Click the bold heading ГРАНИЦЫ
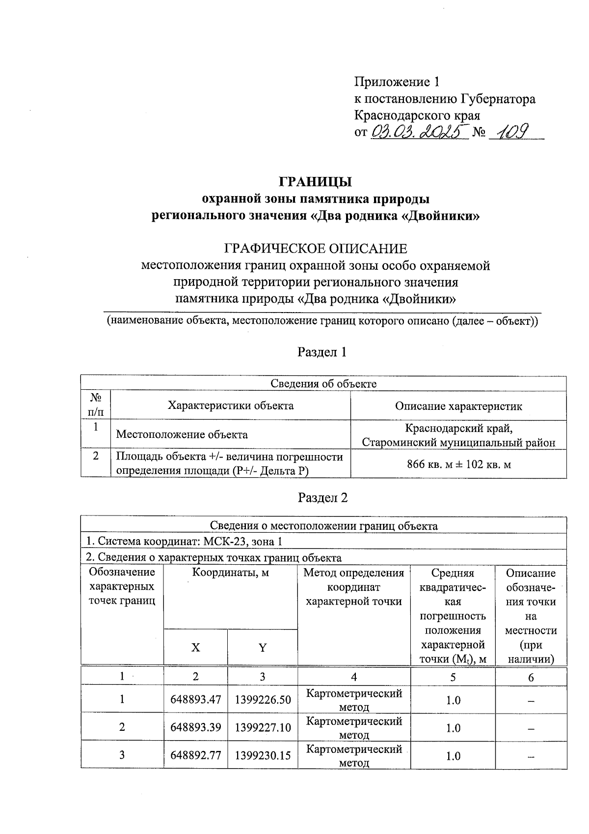coord(315,182)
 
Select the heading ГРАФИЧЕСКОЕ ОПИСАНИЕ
coord(315,248)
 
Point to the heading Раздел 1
coord(322,352)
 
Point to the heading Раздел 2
coord(322,497)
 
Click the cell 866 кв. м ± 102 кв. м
coord(458,464)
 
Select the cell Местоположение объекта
coord(182,434)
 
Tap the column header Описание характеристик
coord(458,406)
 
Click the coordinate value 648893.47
coord(195,699)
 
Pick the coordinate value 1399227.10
coord(263,727)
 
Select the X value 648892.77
coord(195,755)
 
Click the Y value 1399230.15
coord(263,755)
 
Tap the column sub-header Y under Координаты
coord(263,648)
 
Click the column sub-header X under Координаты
coord(195,648)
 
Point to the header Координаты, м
coord(230,573)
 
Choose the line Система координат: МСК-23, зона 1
coord(184,542)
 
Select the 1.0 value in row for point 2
coord(453,727)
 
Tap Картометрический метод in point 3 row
coord(353,755)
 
